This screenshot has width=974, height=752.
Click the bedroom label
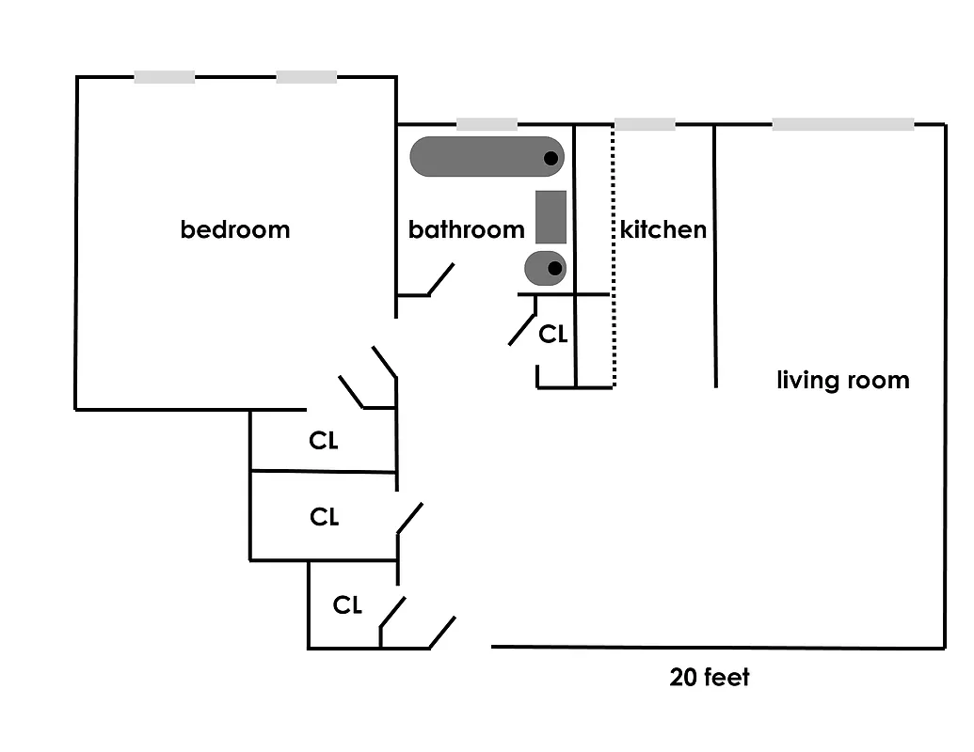(x=235, y=229)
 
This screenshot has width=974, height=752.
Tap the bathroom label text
(x=466, y=229)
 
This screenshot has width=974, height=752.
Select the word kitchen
(x=663, y=229)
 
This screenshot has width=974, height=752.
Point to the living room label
(x=842, y=381)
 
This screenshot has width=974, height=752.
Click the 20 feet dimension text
(x=710, y=677)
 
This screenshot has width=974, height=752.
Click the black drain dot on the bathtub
(x=552, y=158)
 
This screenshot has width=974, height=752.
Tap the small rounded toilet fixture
(x=545, y=268)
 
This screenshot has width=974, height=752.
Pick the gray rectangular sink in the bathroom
(x=551, y=217)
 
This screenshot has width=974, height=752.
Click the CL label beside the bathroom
(x=553, y=334)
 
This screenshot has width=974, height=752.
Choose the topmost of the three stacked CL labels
(x=324, y=440)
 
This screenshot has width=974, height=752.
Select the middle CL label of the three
(x=324, y=517)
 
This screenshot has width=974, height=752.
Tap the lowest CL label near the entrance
(x=347, y=606)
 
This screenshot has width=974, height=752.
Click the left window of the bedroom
(x=165, y=77)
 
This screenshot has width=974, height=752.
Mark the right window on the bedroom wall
(x=306, y=77)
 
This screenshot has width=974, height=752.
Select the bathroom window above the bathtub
(x=487, y=124)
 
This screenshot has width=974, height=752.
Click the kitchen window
(x=645, y=124)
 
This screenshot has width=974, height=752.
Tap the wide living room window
(x=843, y=124)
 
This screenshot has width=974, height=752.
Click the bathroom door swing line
(x=441, y=279)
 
